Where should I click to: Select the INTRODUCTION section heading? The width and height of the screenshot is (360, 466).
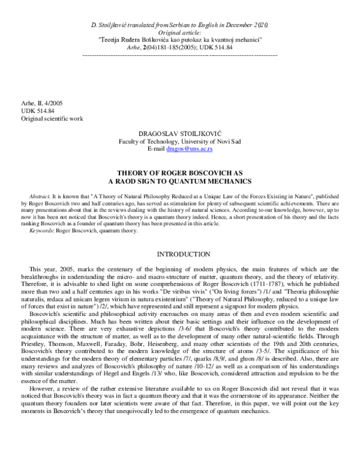click(180, 255)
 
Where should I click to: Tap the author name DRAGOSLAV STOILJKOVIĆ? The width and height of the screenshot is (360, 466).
click(180, 130)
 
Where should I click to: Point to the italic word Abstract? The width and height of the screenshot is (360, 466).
click(40, 196)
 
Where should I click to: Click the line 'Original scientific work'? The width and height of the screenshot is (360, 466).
click(52, 118)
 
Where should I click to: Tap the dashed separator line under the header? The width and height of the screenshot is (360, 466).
click(180, 55)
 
